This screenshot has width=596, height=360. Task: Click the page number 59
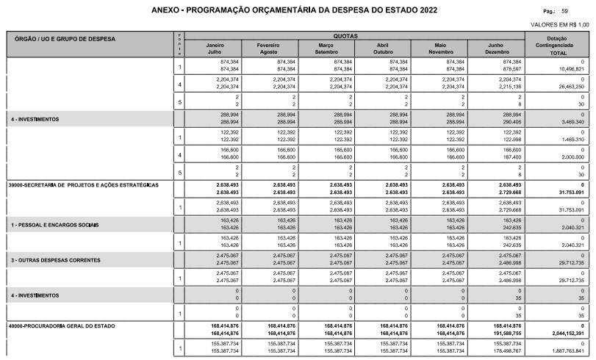(x=585, y=12)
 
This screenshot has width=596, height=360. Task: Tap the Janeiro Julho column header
(x=215, y=48)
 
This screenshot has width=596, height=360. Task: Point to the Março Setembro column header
(x=326, y=48)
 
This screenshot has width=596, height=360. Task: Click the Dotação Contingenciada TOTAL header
(x=557, y=45)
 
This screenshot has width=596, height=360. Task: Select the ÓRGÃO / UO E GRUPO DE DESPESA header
(x=64, y=38)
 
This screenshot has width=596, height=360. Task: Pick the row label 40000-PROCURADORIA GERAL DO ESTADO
(x=62, y=324)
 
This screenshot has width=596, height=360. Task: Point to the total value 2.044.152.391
(x=561, y=332)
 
